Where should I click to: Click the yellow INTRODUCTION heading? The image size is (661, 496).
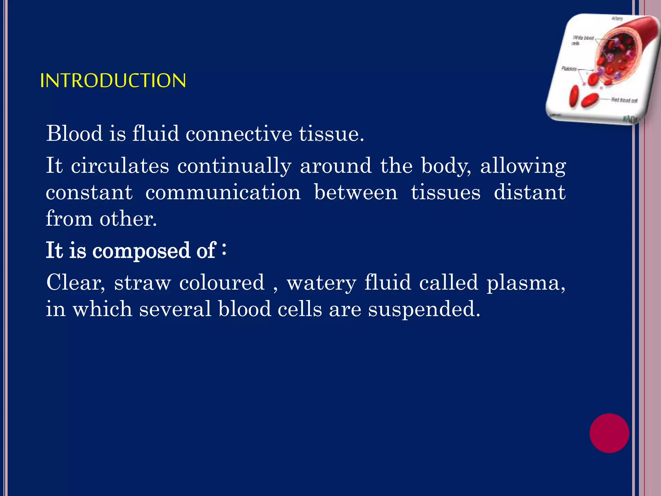pyautogui.click(x=113, y=80)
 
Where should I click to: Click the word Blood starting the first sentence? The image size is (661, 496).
pyautogui.click(x=75, y=133)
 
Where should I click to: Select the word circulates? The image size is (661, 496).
pyautogui.click(x=120, y=166)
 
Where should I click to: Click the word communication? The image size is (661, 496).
pyautogui.click(x=223, y=192)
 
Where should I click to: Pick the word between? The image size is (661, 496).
pyautogui.click(x=356, y=192)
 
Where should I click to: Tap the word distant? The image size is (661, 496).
pyautogui.click(x=530, y=192)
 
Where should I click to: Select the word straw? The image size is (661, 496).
pyautogui.click(x=142, y=283)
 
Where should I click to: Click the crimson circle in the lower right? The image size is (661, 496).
pyautogui.click(x=609, y=433)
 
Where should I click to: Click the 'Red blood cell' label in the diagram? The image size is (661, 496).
pyautogui.click(x=624, y=100)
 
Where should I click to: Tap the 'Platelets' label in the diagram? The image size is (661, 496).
pyautogui.click(x=569, y=68)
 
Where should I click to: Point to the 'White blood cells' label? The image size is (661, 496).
pyautogui.click(x=583, y=40)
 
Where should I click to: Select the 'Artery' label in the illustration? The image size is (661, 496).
pyautogui.click(x=617, y=19)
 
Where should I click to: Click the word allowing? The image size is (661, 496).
pyautogui.click(x=523, y=166)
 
